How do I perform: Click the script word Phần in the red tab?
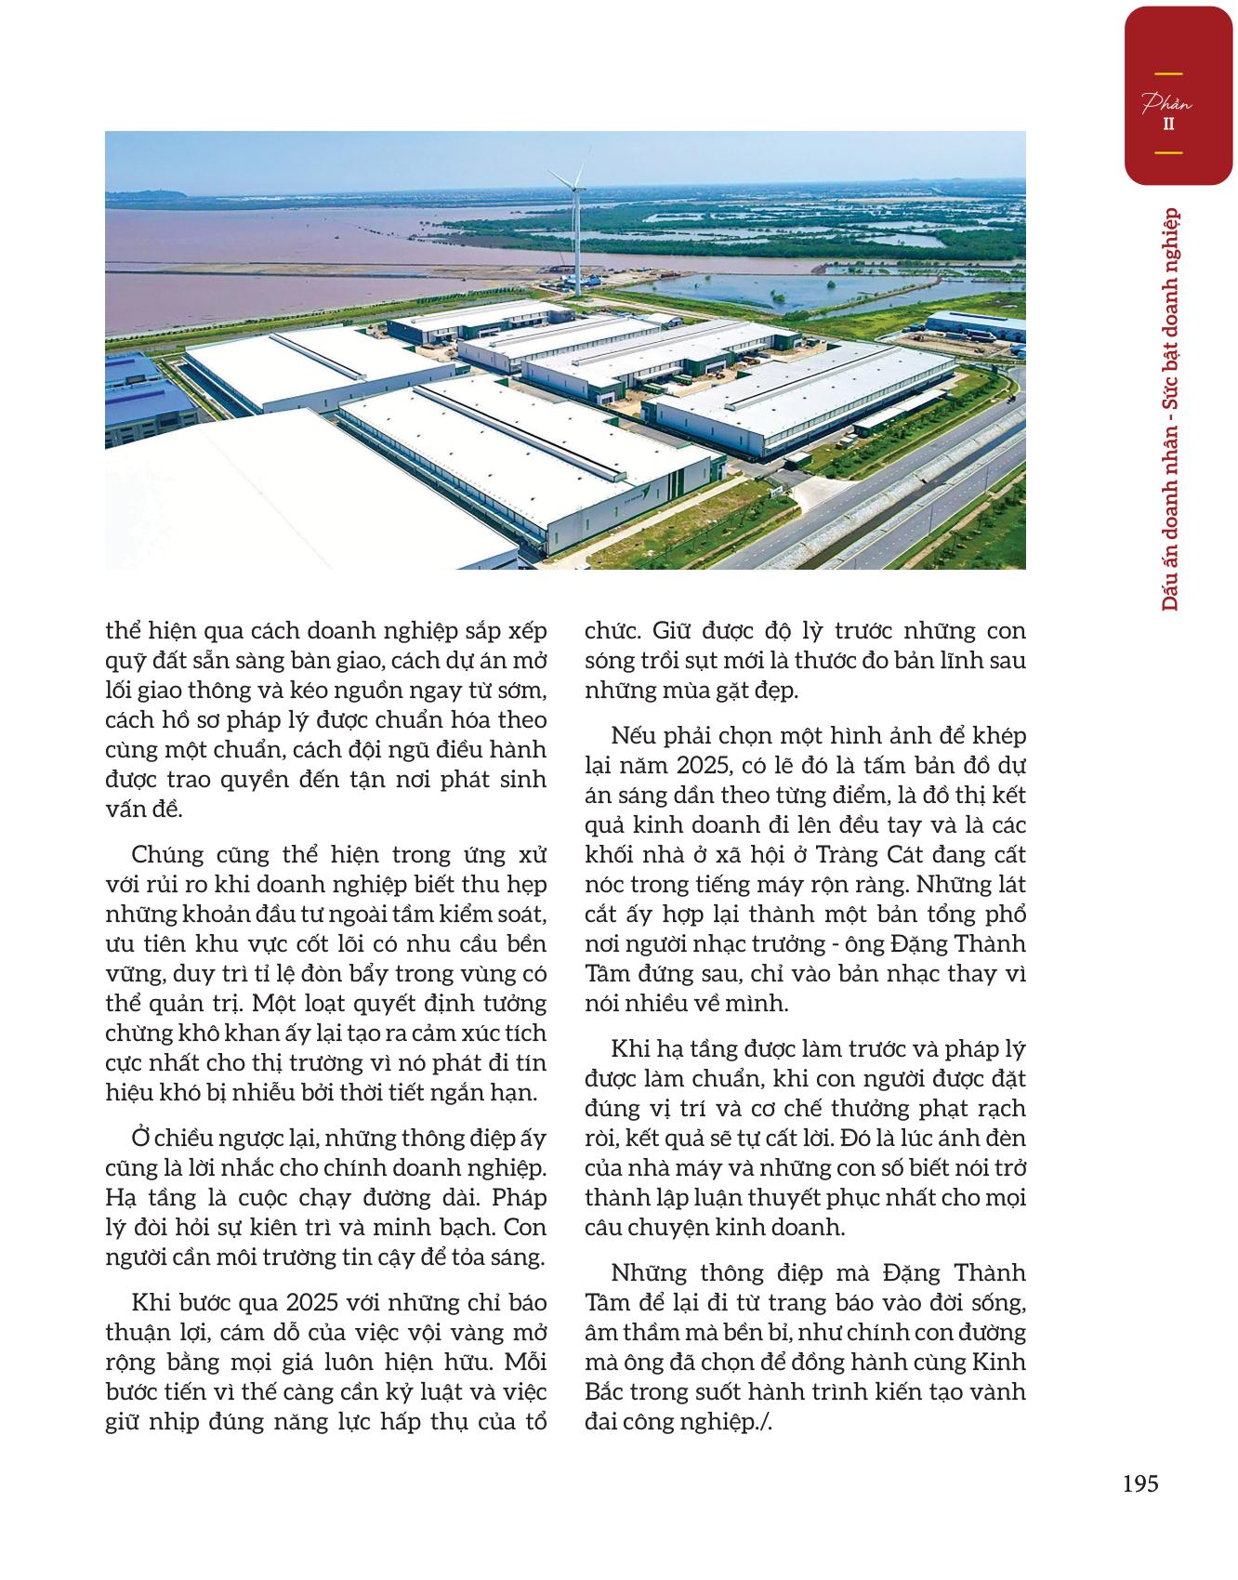(x=1167, y=103)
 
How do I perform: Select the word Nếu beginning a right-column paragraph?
(x=632, y=735)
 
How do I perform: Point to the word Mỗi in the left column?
(x=524, y=1362)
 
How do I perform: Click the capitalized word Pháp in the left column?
(x=520, y=1197)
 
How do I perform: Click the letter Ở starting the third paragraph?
(x=141, y=1138)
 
